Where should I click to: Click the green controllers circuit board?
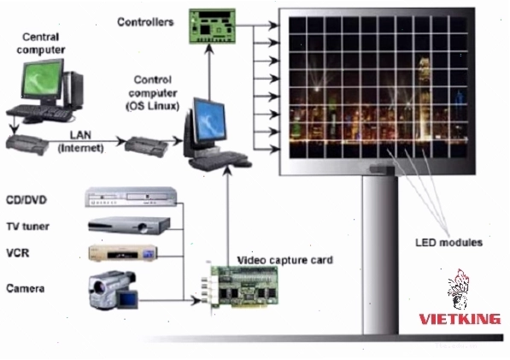[x=213, y=26]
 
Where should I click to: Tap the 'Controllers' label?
[x=145, y=22]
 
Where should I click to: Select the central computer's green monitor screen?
[x=43, y=78]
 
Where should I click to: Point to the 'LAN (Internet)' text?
[x=80, y=142]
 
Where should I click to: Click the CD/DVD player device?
[x=131, y=197]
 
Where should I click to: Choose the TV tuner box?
[x=129, y=225]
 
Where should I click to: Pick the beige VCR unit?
[x=123, y=253]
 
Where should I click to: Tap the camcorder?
[x=113, y=290]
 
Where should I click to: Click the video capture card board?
[x=241, y=286]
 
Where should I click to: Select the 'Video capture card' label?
[x=285, y=260]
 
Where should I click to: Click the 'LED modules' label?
[x=448, y=243]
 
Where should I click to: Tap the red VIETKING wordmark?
[x=460, y=319]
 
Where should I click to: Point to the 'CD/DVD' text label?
[x=26, y=199]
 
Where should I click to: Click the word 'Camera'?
[x=26, y=288]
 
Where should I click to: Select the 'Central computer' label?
[x=41, y=44]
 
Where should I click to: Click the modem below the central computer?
[x=27, y=145]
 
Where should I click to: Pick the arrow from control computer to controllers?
[x=210, y=72]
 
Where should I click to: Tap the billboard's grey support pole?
[x=380, y=255]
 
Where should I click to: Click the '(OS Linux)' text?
[x=153, y=106]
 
